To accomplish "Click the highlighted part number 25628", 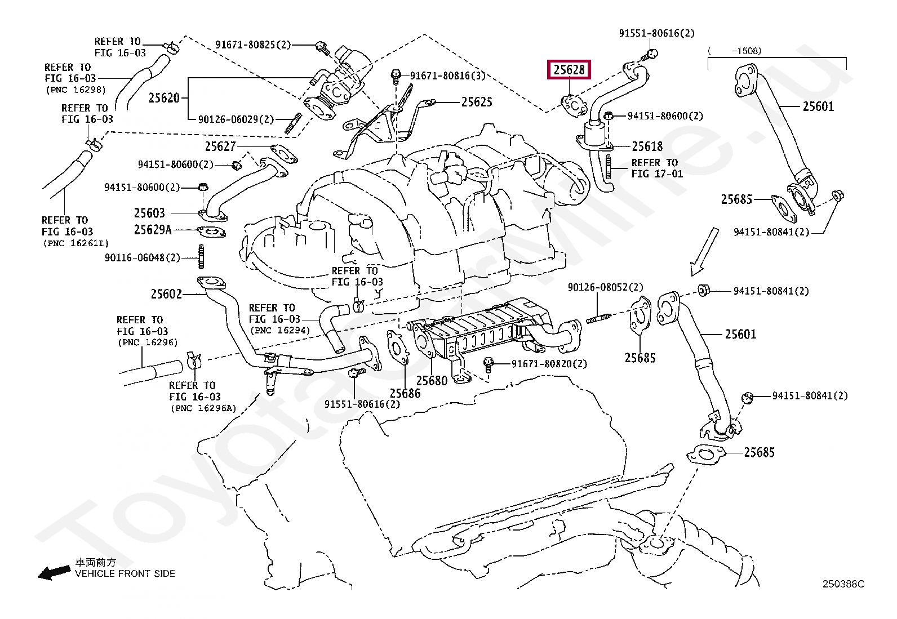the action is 569,70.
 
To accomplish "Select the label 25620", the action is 164,97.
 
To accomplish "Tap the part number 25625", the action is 477,102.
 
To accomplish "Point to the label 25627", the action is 220,146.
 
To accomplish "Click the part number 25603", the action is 149,213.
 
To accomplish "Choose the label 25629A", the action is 153,230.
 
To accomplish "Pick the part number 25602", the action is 166,294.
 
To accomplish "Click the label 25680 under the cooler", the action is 432,380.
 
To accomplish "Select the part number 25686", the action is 405,393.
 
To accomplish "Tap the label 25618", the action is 647,146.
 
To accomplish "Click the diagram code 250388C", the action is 843,584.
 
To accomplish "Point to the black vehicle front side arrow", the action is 54,573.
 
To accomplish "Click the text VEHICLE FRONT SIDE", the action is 125,574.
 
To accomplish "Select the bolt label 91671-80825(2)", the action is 253,45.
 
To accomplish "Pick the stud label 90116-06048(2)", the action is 143,258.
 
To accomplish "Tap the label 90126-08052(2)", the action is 606,287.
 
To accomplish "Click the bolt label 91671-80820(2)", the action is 549,364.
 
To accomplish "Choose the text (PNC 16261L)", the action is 76,243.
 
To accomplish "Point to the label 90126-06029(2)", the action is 236,120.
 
